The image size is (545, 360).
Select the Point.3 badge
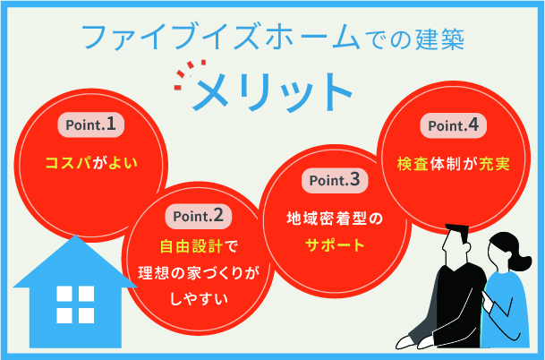pyautogui.click(x=333, y=180)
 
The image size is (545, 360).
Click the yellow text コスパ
pyautogui.click(x=70, y=165)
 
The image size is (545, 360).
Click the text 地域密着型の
pyautogui.click(x=333, y=218)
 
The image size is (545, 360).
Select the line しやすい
pyautogui.click(x=200, y=300)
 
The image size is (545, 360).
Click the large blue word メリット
pyautogui.click(x=273, y=90)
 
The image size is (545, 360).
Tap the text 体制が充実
pyautogui.click(x=473, y=165)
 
